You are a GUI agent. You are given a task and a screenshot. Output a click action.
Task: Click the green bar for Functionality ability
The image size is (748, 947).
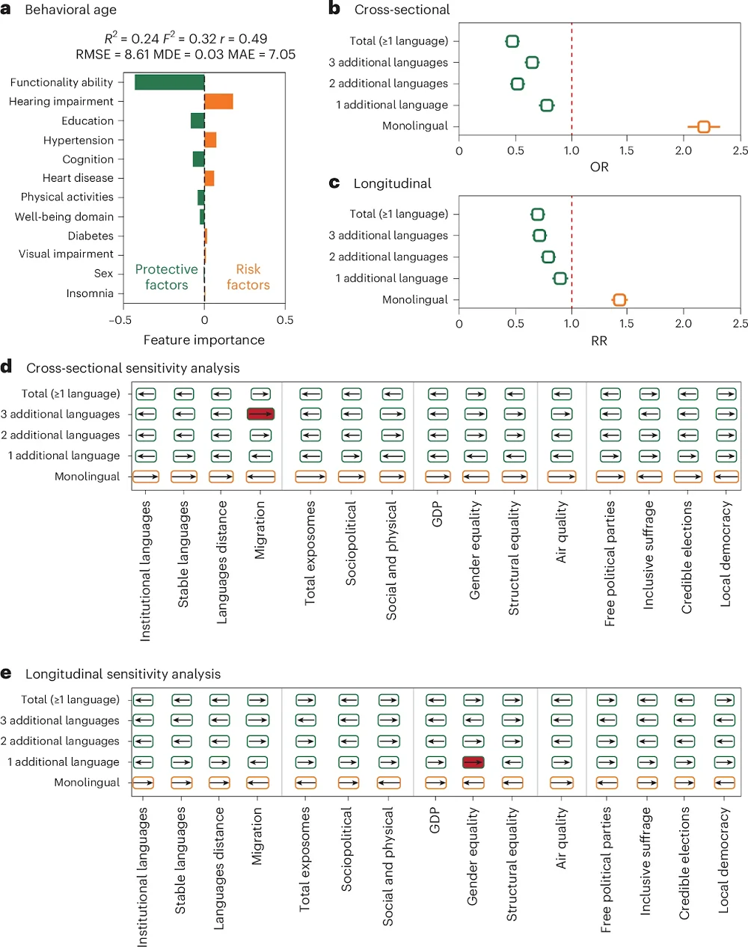(169, 82)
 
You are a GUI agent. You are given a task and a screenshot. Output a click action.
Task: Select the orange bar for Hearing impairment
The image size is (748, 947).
(218, 102)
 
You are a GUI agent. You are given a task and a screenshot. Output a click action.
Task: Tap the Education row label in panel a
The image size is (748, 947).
(88, 121)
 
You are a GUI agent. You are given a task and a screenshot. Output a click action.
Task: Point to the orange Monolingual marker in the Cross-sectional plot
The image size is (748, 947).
(703, 126)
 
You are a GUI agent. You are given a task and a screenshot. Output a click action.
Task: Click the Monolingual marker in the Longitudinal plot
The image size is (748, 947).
(619, 300)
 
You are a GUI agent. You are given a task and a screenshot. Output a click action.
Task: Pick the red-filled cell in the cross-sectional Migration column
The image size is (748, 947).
(261, 414)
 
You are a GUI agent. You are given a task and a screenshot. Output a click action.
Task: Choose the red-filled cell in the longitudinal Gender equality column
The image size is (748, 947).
(473, 762)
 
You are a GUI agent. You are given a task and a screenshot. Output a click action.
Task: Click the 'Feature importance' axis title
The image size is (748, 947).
(203, 340)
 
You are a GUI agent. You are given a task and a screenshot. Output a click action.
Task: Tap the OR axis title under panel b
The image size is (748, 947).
(599, 167)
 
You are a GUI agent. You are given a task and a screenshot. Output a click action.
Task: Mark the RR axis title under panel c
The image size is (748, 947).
(599, 341)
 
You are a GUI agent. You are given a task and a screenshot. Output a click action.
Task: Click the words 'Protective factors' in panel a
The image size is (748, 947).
(166, 277)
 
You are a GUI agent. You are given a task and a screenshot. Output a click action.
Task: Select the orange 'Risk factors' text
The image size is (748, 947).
(248, 277)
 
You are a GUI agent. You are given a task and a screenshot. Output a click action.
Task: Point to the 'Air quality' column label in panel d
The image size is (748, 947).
(562, 532)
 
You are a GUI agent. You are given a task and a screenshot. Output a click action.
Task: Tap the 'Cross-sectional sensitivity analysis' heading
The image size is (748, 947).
(132, 368)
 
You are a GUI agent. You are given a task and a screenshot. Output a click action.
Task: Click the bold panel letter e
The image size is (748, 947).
(6, 673)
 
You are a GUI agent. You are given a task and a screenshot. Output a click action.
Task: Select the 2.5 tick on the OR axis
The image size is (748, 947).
(740, 150)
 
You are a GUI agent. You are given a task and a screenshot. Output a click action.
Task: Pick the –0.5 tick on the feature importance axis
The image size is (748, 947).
(120, 320)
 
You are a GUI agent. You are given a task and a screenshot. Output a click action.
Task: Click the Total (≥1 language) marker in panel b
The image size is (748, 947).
(512, 41)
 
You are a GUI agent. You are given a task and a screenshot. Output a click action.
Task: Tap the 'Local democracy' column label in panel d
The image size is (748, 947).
(725, 554)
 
